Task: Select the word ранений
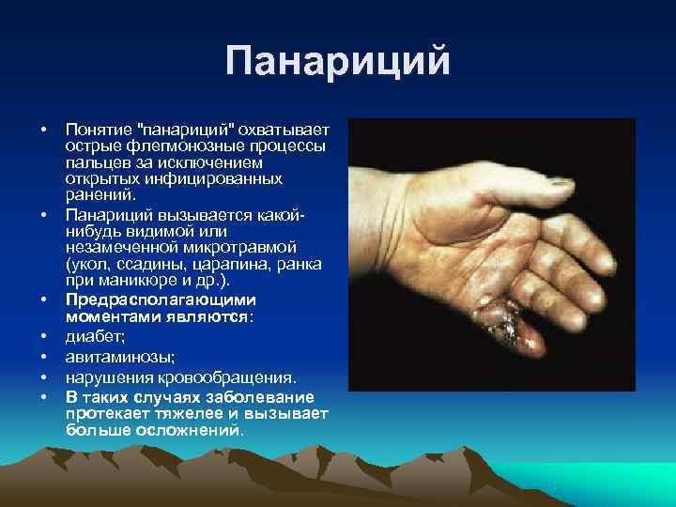(100, 195)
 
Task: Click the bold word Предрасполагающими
(160, 300)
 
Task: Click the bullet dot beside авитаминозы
(44, 357)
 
